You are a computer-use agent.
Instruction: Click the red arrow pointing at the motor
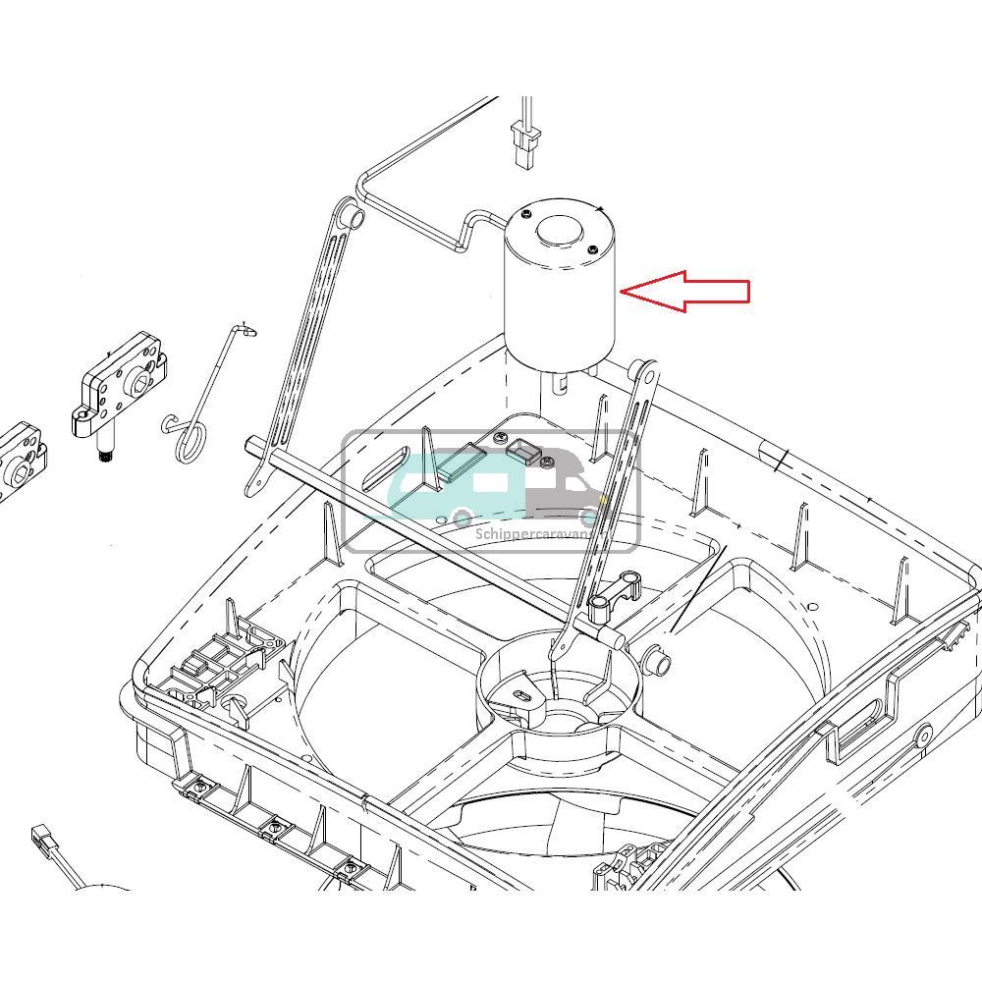(x=687, y=292)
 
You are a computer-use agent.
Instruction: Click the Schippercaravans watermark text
(x=530, y=535)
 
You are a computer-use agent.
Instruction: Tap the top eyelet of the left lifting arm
(x=348, y=213)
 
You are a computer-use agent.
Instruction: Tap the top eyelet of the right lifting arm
(x=644, y=371)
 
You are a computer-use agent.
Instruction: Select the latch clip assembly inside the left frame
(x=221, y=663)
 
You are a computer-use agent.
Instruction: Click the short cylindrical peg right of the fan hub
(x=659, y=659)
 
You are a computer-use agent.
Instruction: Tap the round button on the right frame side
(x=923, y=734)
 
